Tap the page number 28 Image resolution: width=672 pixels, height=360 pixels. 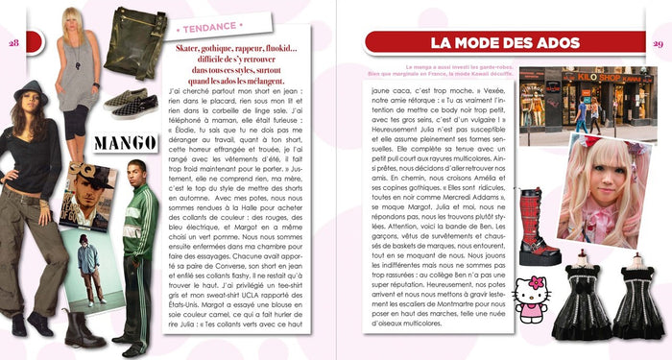pyautogui.click(x=13, y=42)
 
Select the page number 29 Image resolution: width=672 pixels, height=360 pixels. pyautogui.click(x=658, y=43)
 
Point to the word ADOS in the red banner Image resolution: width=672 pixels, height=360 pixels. pyautogui.click(x=548, y=42)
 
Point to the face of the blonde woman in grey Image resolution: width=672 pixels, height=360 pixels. pyautogui.click(x=72, y=21)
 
